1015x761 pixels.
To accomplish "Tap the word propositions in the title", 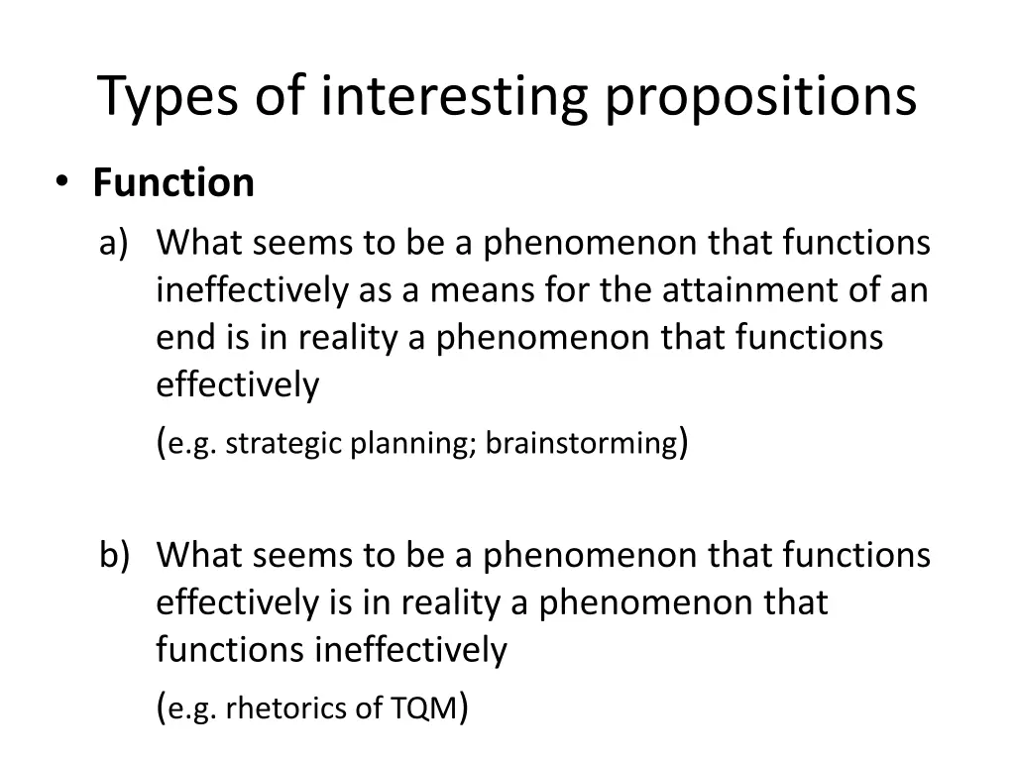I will coord(761,97).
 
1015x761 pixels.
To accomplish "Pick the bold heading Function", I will coord(173,183).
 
